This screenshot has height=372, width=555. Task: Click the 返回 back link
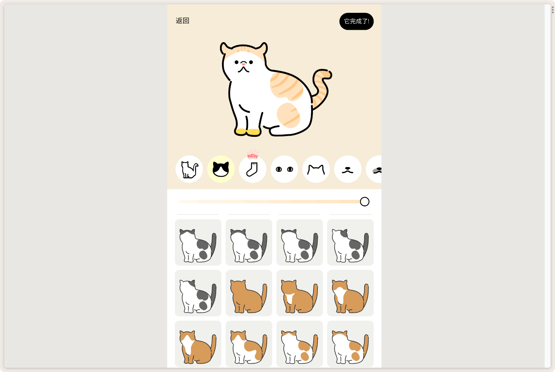[x=182, y=20]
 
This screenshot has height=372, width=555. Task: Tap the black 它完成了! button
[x=356, y=21]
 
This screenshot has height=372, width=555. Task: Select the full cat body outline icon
[x=189, y=169]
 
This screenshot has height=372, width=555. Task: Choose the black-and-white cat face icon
[x=221, y=169]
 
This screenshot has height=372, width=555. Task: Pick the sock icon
[x=253, y=169]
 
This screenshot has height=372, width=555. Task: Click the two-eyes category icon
[x=284, y=169]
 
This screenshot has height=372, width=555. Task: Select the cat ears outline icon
[x=316, y=169]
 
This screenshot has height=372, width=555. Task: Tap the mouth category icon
[x=348, y=169]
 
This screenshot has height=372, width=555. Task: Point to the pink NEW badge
[x=253, y=155]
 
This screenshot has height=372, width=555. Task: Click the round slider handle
[x=365, y=202]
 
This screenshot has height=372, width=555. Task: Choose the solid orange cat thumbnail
[x=249, y=293]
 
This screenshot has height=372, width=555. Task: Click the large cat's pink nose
[x=244, y=64]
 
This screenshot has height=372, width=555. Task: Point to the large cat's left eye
[x=237, y=62]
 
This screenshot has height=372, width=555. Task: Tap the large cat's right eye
[x=251, y=62]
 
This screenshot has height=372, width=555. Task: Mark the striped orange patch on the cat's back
[x=286, y=86]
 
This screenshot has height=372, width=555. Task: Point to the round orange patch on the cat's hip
[x=288, y=115]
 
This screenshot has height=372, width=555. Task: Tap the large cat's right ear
[x=262, y=48]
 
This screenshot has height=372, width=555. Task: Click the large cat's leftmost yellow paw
[x=240, y=132]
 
